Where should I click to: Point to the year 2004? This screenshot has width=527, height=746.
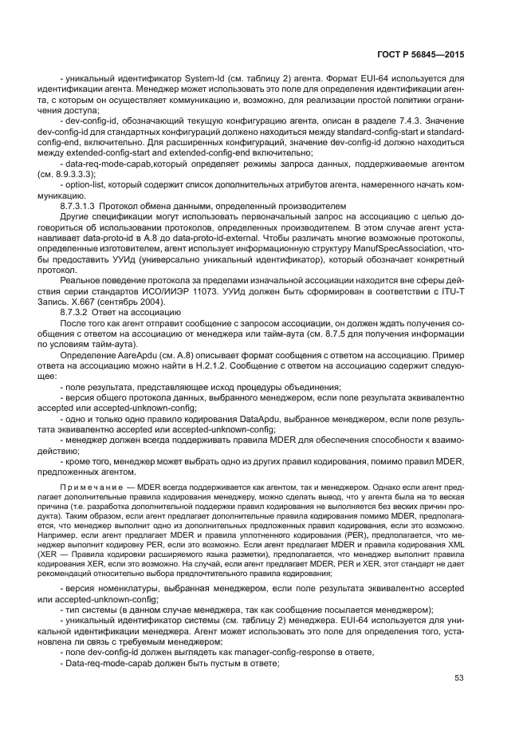click(171, 300)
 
